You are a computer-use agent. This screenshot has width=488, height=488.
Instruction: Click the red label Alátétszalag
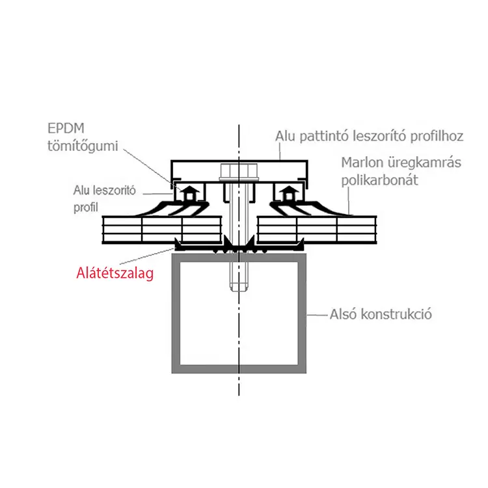pyautogui.click(x=115, y=273)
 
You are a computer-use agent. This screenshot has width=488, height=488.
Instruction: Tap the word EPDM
pyautogui.click(x=66, y=128)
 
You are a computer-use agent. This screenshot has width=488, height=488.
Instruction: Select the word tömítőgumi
pyautogui.click(x=83, y=146)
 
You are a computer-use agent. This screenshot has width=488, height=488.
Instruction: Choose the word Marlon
pyautogui.click(x=362, y=163)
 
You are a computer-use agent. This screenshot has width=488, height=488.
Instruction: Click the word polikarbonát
pyautogui.click(x=380, y=180)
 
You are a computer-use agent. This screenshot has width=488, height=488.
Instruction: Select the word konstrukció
pyautogui.click(x=396, y=314)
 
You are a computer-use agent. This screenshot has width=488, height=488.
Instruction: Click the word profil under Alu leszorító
pyautogui.click(x=86, y=208)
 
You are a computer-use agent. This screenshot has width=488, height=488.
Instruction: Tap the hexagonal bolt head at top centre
pyautogui.click(x=239, y=171)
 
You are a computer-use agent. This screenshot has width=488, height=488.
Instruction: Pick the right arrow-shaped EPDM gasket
pyautogui.click(x=289, y=194)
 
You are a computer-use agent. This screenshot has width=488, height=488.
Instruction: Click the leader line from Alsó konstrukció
pyautogui.click(x=317, y=315)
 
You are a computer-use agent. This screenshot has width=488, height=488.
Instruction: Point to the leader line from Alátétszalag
pyautogui.click(x=146, y=256)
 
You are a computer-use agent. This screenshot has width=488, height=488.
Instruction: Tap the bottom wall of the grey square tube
pyautogui.click(x=239, y=369)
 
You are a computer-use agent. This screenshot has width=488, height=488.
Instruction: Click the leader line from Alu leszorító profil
pyautogui.click(x=158, y=194)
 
